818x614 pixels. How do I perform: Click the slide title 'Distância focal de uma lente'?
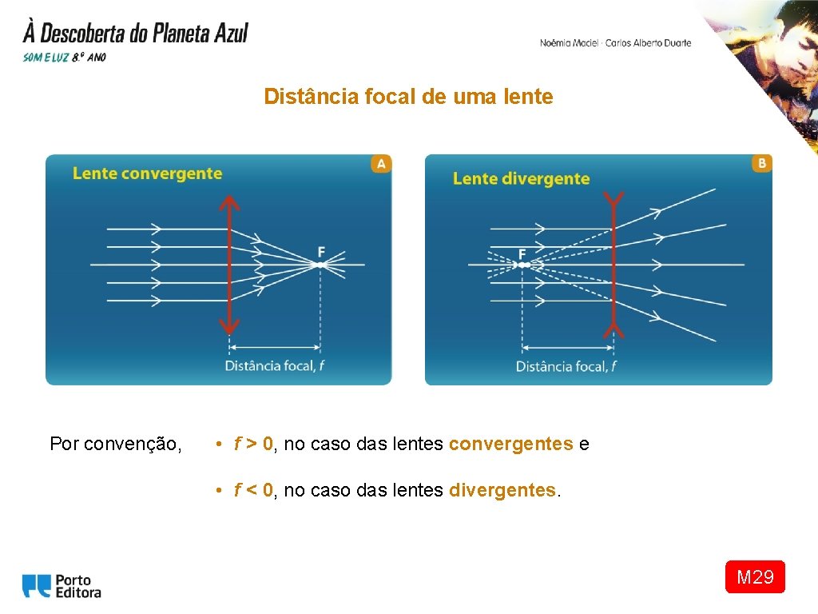[408, 98]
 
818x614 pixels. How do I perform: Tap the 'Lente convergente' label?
[147, 173]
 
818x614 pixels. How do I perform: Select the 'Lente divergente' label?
[521, 178]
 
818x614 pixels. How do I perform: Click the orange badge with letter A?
[380, 164]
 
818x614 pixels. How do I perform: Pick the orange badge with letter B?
[761, 163]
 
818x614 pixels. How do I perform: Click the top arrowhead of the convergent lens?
[229, 202]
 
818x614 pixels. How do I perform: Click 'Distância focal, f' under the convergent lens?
[275, 366]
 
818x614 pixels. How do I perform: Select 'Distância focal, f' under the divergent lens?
[566, 366]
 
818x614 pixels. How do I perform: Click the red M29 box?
[755, 576]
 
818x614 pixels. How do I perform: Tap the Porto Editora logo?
[62, 586]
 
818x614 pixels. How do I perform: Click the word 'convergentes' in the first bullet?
[510, 444]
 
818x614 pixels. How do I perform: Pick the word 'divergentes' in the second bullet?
[502, 490]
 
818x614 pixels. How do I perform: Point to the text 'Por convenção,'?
[115, 444]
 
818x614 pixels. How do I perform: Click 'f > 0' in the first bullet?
[254, 444]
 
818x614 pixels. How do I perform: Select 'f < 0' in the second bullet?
[254, 490]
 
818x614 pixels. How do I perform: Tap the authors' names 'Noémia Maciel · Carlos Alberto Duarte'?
[615, 43]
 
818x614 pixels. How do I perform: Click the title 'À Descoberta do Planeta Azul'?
[136, 34]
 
